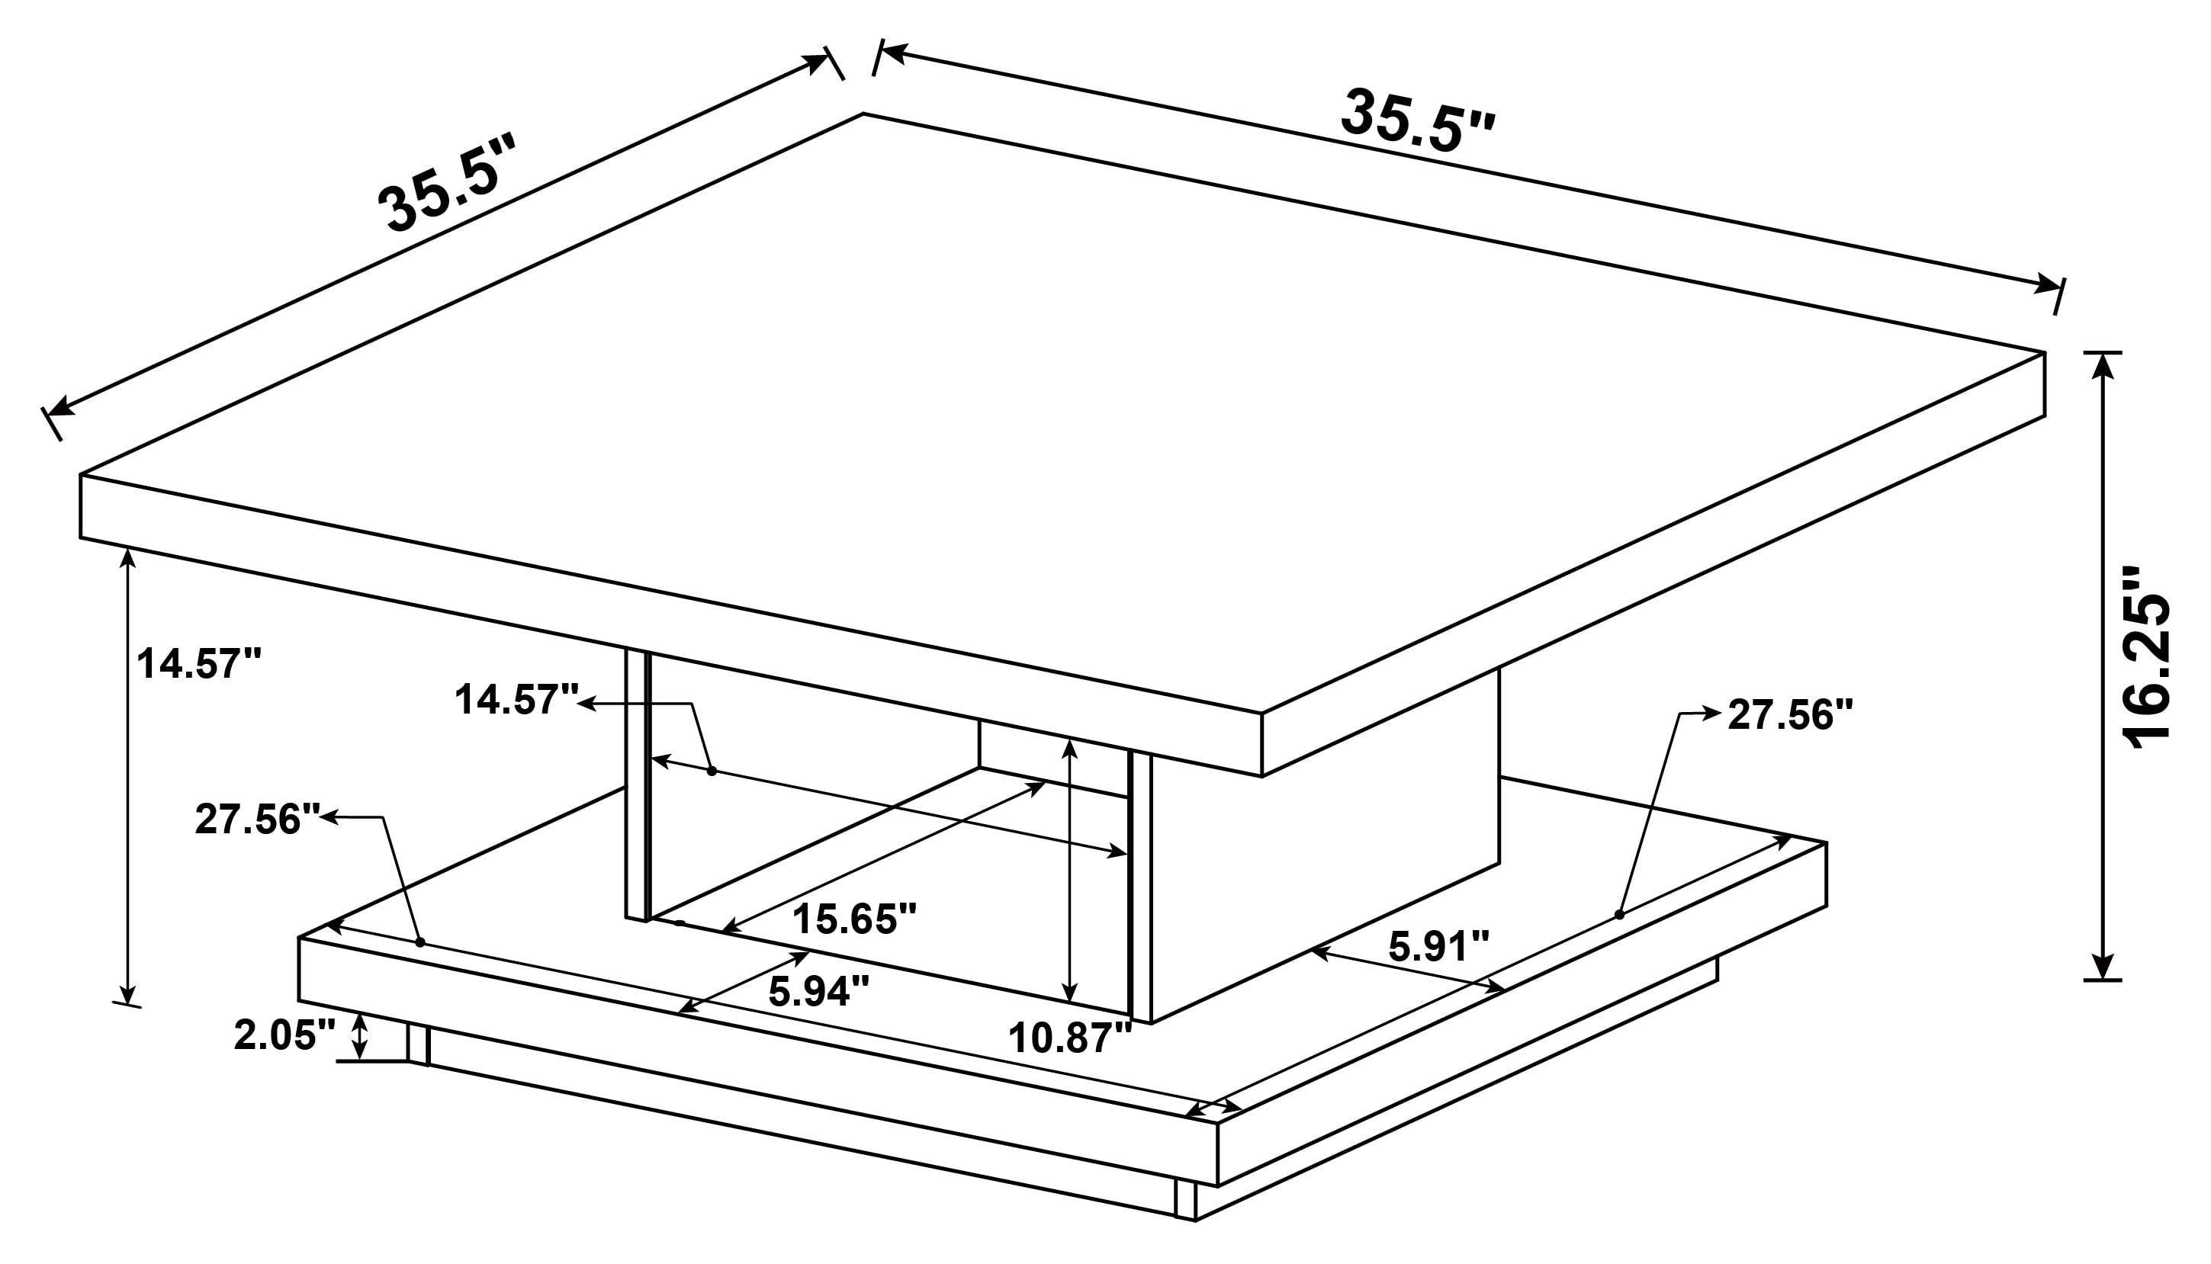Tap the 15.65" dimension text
click(x=854, y=919)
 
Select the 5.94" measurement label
click(x=818, y=991)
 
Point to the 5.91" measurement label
click(x=1439, y=947)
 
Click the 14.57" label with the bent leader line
click(x=516, y=700)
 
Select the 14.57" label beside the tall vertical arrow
click(x=199, y=664)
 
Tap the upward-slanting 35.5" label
click(x=446, y=184)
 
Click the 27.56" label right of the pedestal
click(x=1790, y=715)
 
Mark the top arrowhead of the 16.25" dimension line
click(x=2103, y=367)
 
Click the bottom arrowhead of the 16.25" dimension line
click(x=2103, y=966)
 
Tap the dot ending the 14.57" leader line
click(x=712, y=771)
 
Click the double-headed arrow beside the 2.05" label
click(x=358, y=1036)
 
